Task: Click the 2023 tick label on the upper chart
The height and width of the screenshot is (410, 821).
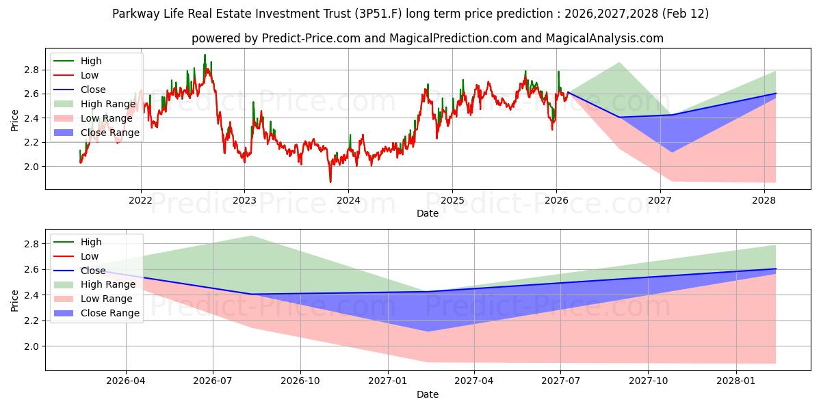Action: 244,200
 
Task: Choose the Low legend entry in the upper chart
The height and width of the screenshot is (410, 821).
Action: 90,75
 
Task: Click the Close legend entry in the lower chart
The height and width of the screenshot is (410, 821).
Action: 92,271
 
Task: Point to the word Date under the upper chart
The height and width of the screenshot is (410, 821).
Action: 428,213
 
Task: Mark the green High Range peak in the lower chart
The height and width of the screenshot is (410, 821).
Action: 251,236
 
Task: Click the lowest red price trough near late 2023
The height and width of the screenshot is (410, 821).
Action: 330,182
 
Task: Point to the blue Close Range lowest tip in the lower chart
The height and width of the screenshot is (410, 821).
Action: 428,331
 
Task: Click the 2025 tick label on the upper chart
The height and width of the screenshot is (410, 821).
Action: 452,200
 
